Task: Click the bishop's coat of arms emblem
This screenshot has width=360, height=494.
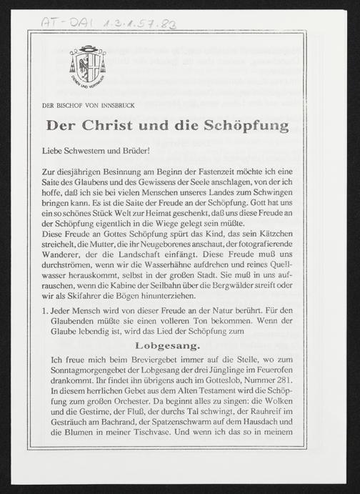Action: tap(88, 66)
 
